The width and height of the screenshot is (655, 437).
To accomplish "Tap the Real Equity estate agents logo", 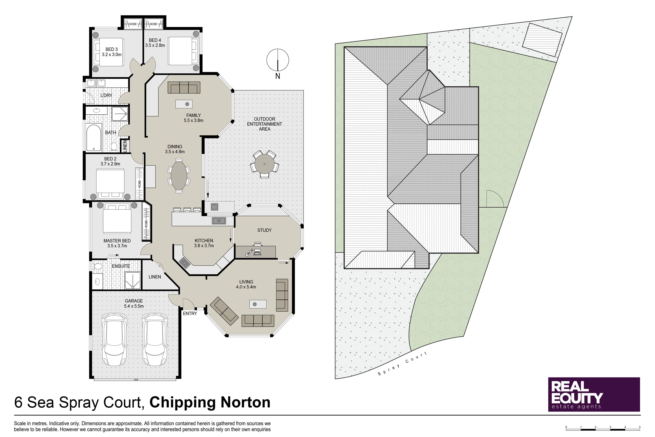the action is [x=594, y=394].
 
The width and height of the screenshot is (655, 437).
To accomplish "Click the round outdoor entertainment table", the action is [x=265, y=164].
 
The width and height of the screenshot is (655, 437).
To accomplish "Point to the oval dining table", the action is [x=179, y=175].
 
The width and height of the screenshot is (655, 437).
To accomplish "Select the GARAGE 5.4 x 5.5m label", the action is [x=134, y=303].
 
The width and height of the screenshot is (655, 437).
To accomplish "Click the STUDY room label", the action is [x=264, y=230].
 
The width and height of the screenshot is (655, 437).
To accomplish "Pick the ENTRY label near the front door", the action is [x=190, y=314].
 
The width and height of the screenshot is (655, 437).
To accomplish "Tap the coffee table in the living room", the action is [x=258, y=304].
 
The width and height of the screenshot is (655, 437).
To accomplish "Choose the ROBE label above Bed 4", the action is [x=154, y=24].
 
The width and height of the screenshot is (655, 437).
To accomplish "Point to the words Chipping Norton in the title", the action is [x=210, y=402].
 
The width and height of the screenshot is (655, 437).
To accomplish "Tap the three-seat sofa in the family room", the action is [x=184, y=88].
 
